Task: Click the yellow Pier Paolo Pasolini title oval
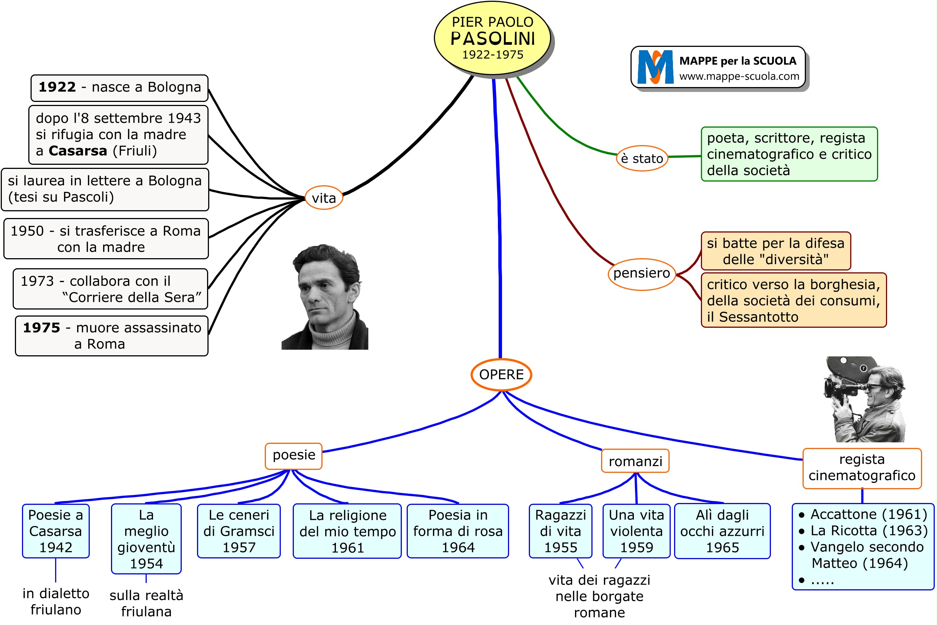click(492, 38)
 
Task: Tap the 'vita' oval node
click(324, 198)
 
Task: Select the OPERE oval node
click(501, 375)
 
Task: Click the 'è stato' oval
click(642, 158)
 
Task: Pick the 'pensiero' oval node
click(641, 273)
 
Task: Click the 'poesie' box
click(293, 455)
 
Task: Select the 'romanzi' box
click(635, 462)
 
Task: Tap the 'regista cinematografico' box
click(862, 468)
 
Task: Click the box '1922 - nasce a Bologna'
click(119, 87)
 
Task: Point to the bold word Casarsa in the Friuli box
click(78, 151)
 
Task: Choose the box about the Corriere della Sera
click(111, 289)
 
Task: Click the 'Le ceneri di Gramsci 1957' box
click(239, 531)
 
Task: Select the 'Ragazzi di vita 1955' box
click(560, 531)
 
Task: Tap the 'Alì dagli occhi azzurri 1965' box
click(722, 531)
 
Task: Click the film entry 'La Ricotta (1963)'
click(868, 531)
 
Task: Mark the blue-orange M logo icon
click(655, 67)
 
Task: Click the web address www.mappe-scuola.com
click(739, 76)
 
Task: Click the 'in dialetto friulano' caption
click(56, 602)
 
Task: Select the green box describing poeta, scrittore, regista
click(789, 154)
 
